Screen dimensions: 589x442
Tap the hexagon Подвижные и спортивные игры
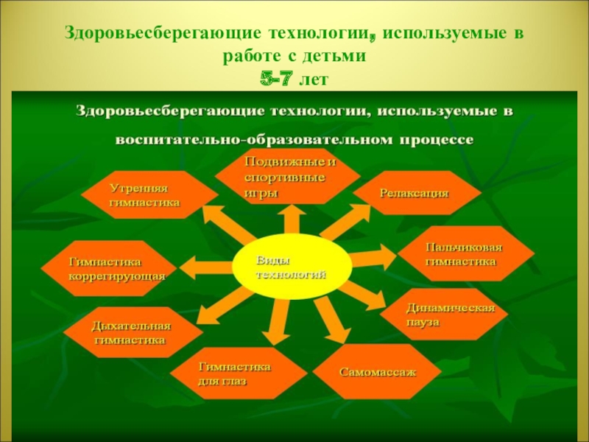pyautogui.click(x=288, y=178)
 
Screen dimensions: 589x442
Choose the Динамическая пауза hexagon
pyautogui.click(x=445, y=314)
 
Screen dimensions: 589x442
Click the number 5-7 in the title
pyautogui.click(x=279, y=77)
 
